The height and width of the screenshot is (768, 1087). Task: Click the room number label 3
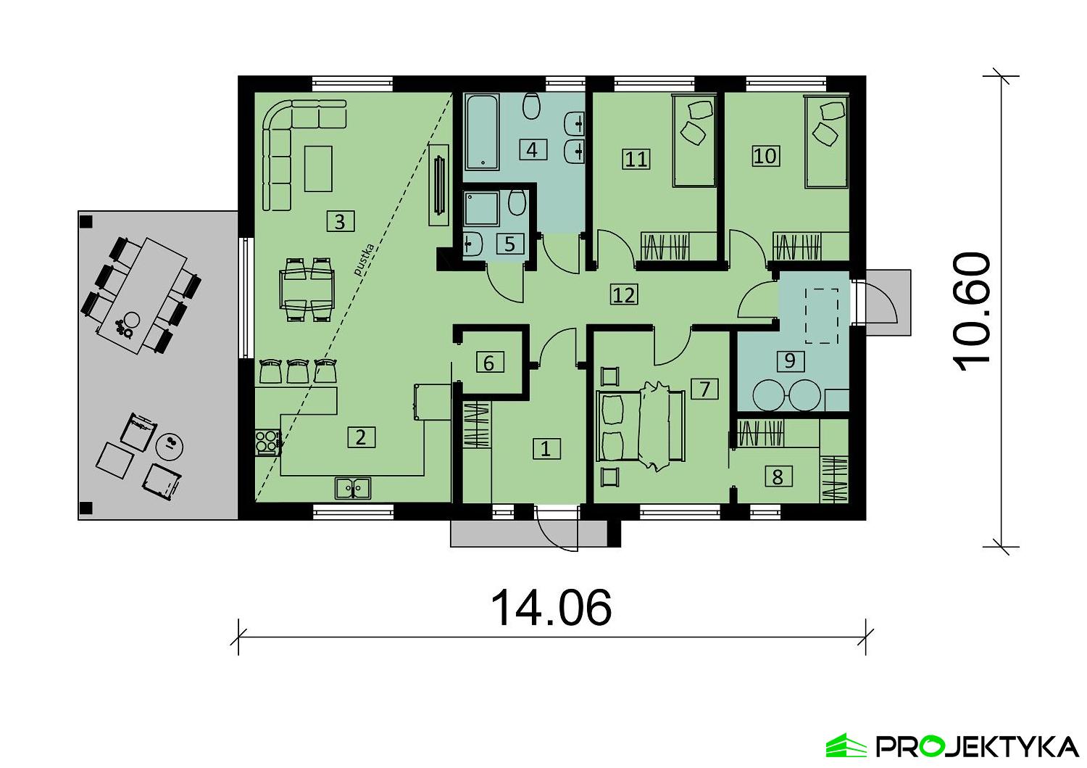coord(340,220)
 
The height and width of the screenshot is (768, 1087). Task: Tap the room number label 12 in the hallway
coord(624,294)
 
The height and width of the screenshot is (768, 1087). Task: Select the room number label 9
coord(790,360)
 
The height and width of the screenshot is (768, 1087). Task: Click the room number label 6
coord(488,362)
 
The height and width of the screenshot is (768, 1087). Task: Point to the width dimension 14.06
coord(551,608)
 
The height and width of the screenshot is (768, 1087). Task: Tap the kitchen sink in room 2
coord(353,488)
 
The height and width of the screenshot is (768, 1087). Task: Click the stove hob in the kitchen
coord(267,442)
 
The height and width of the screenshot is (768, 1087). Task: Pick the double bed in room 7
coord(639,426)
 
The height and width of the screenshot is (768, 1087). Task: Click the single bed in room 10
coord(826,143)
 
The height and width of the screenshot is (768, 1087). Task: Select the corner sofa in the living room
coord(290,145)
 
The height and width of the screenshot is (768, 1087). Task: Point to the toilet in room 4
coord(531,107)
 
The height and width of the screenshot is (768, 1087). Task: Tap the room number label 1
coord(546,448)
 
